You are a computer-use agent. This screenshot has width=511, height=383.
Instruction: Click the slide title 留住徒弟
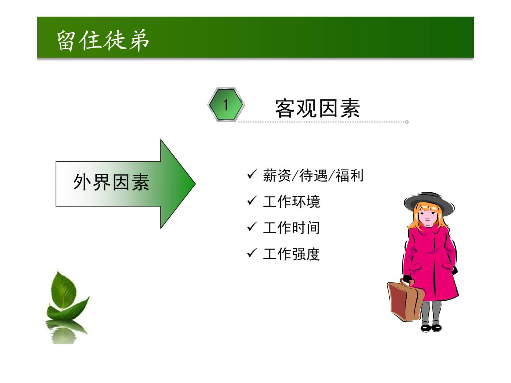[x=103, y=40]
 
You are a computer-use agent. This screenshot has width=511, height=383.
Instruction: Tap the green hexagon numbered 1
[x=226, y=105]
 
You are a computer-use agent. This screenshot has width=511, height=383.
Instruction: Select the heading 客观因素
[x=317, y=108]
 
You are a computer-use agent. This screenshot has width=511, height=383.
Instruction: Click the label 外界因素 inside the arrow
[x=111, y=182]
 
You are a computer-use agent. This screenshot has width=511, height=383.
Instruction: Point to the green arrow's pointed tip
[x=195, y=184]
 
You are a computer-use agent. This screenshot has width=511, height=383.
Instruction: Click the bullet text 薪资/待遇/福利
[x=313, y=176]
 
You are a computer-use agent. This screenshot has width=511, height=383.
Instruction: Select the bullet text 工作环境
[x=291, y=202]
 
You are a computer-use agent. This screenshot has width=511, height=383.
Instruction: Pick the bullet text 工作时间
[x=291, y=228]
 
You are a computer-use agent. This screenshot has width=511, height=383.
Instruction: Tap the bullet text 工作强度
[x=291, y=254]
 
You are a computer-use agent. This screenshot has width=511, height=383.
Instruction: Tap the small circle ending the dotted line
[x=407, y=122]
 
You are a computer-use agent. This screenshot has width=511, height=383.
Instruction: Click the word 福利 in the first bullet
[x=349, y=176]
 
